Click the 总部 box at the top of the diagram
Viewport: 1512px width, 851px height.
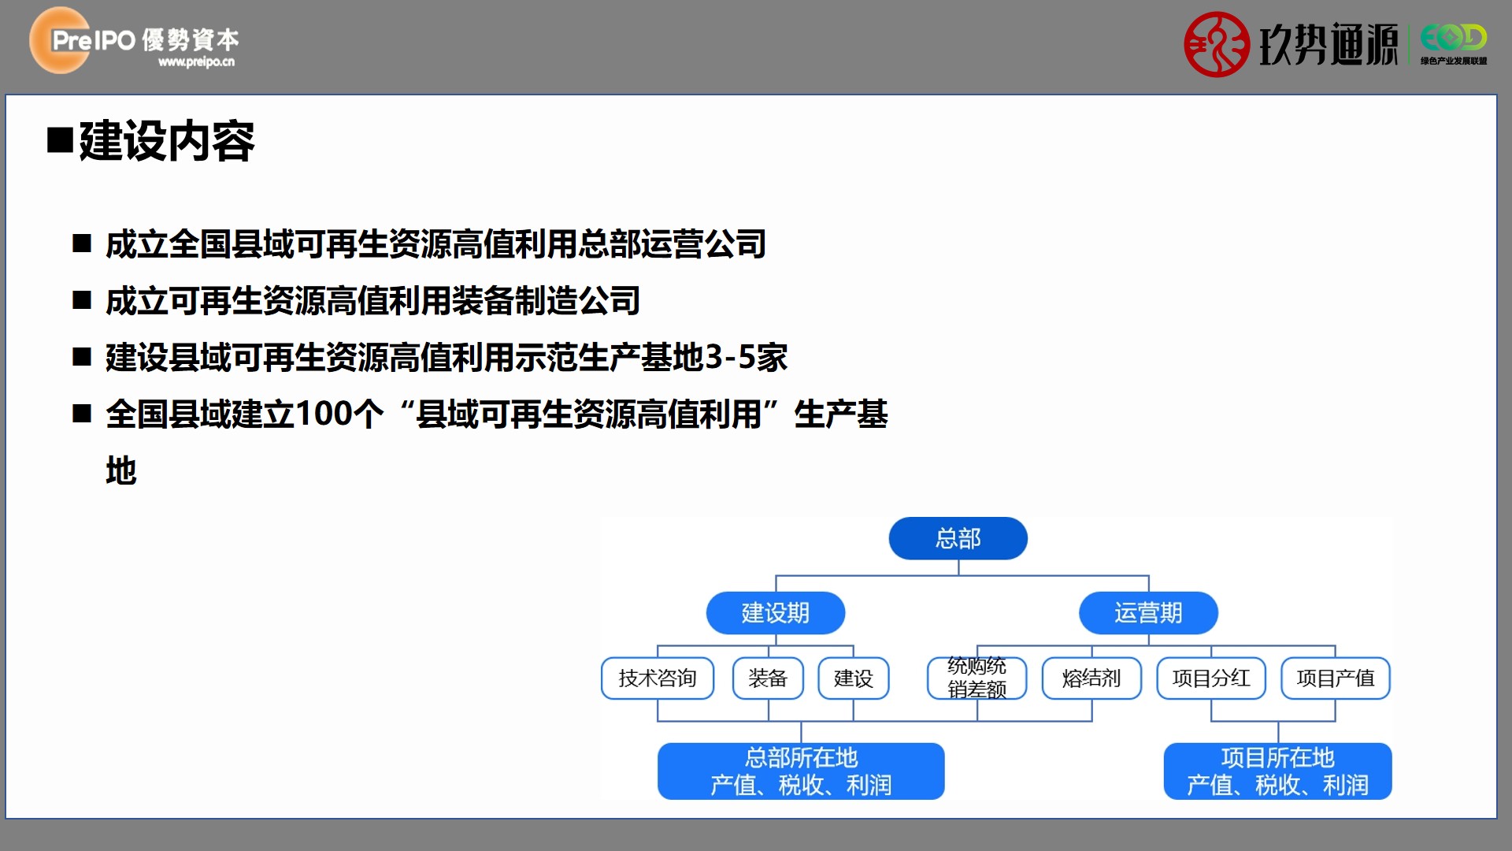click(x=958, y=538)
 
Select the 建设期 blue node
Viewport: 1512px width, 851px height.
click(x=776, y=612)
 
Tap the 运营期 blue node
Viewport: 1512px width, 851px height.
click(x=1148, y=612)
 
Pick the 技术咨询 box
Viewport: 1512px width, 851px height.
click(x=658, y=678)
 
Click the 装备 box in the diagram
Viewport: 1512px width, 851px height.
click(x=768, y=678)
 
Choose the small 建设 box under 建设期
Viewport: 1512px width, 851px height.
click(x=854, y=678)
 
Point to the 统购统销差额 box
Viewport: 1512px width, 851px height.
click(x=977, y=678)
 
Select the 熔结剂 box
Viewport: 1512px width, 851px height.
click(x=1091, y=678)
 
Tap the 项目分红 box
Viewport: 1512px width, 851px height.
click(x=1211, y=678)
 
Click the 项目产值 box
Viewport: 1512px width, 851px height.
click(x=1336, y=678)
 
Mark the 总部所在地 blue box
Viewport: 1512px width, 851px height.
click(x=801, y=771)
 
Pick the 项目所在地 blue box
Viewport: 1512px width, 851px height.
click(x=1277, y=771)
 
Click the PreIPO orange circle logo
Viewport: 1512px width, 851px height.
click(x=60, y=40)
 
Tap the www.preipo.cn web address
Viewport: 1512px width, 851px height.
click(x=196, y=61)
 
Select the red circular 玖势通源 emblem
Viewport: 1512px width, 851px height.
click(x=1217, y=44)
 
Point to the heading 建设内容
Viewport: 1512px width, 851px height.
click(x=166, y=141)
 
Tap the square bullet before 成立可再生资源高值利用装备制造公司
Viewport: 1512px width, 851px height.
click(x=82, y=300)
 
